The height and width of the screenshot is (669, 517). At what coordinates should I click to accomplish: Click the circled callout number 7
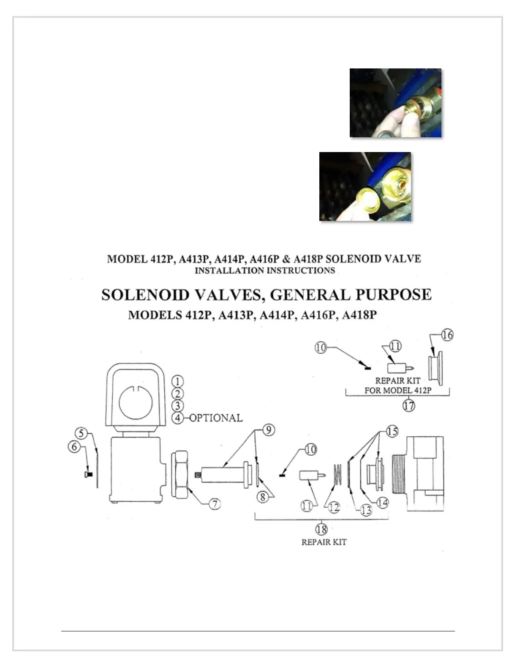215,503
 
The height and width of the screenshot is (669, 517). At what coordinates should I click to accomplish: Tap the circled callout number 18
322,529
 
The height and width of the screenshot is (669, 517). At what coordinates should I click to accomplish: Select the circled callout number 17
408,405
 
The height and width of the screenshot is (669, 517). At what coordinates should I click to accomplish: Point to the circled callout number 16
447,335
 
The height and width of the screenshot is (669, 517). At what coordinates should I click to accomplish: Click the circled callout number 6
74,446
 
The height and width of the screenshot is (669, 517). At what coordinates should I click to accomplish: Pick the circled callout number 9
269,430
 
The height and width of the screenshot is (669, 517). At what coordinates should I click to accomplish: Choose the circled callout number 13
366,510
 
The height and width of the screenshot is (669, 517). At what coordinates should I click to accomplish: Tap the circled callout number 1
178,381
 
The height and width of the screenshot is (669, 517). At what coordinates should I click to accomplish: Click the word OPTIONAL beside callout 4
216,418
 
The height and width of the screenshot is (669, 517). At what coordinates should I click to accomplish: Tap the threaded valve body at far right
418,474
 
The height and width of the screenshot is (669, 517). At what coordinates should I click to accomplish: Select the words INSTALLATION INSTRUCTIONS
265,270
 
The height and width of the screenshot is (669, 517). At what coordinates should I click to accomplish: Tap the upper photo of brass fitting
395,103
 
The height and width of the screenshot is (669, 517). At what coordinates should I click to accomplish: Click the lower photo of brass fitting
365,186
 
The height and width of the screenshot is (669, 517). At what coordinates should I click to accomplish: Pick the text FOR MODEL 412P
398,390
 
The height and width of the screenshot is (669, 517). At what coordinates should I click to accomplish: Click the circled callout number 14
383,503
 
